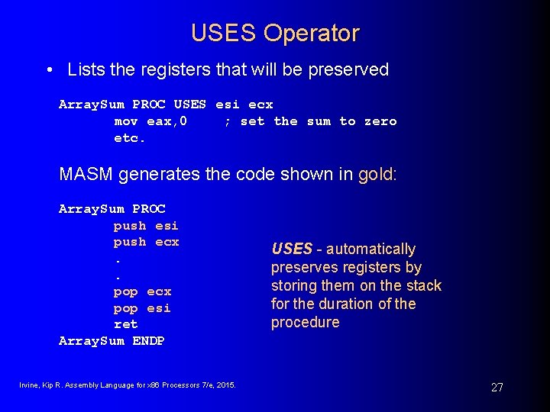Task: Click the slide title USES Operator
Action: click(x=275, y=34)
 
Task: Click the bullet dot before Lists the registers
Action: click(x=49, y=70)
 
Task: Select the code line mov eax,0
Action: click(x=150, y=121)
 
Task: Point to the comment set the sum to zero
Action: click(x=310, y=121)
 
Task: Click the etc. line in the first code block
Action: click(x=130, y=138)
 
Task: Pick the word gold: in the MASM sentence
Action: click(x=378, y=174)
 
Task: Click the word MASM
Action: click(x=86, y=174)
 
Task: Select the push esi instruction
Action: click(x=146, y=225)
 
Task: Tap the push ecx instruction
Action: click(x=146, y=242)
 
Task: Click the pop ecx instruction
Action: click(x=142, y=291)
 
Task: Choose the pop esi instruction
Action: click(x=142, y=308)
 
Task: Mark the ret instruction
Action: click(x=126, y=324)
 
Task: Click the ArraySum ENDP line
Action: click(x=112, y=341)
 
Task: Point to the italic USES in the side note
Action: click(x=292, y=249)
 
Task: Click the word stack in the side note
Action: click(x=423, y=285)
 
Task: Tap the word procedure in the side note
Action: click(x=305, y=322)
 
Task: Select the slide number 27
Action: click(x=497, y=388)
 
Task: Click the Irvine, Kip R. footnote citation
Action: click(x=128, y=385)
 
